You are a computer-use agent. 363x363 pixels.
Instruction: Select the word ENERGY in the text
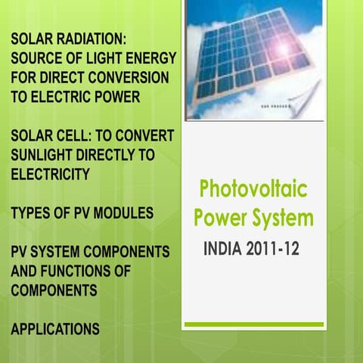click(154, 58)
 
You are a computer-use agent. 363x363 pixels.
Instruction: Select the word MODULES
click(126, 213)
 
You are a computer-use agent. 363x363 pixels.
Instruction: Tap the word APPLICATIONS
click(55, 329)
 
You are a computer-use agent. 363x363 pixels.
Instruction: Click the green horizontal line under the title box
click(254, 324)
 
